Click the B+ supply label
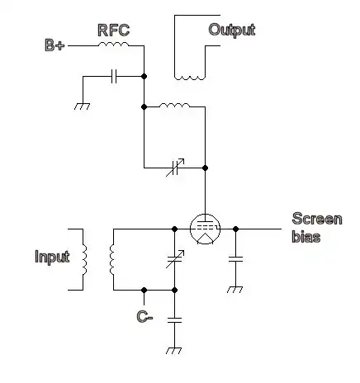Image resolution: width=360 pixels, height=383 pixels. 54,46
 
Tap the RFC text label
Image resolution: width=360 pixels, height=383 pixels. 113,31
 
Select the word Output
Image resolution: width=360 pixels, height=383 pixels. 231,31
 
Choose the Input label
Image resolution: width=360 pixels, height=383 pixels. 52,257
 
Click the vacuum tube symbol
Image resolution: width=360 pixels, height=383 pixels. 204,228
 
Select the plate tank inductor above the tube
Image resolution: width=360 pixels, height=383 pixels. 173,106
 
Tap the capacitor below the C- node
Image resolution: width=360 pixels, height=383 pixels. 174,319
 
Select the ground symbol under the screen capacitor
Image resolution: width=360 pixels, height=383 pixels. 236,290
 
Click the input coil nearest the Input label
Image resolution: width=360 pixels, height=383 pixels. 83,258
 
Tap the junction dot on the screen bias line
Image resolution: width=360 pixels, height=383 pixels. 236,227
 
